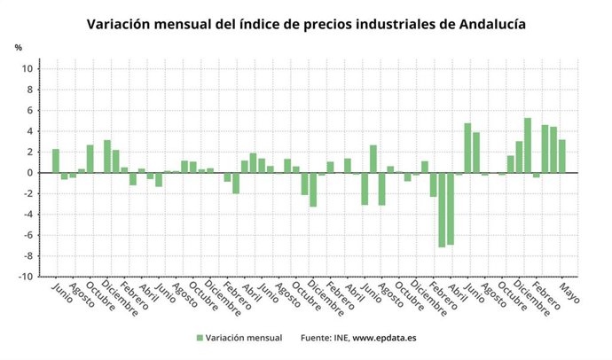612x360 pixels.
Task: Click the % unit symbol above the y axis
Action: coord(18,46)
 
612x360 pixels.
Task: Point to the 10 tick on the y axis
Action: coord(28,69)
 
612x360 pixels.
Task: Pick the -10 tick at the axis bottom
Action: coord(27,277)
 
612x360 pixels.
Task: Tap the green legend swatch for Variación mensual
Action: coord(200,338)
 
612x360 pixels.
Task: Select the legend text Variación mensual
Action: coord(244,338)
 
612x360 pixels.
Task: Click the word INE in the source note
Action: coord(340,338)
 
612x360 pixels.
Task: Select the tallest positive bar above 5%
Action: coord(528,145)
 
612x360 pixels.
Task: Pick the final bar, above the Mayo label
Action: coord(561,156)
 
